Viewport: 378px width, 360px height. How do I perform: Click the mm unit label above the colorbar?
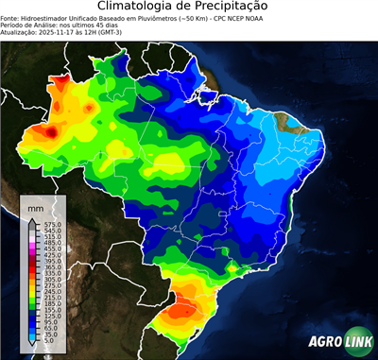click(x=36, y=206)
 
